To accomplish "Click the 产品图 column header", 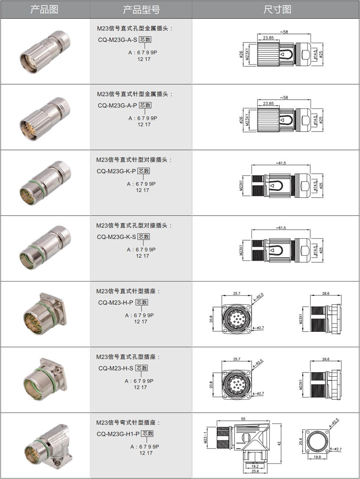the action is tap(44, 10).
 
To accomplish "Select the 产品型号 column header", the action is tap(141, 10).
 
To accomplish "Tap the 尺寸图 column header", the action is tap(277, 10).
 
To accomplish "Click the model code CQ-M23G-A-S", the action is tap(118, 40).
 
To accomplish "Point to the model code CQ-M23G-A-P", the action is tap(118, 106).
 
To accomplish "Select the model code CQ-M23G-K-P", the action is tap(116, 171).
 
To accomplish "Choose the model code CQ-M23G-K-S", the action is tap(116, 237).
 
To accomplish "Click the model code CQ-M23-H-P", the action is tap(116, 302).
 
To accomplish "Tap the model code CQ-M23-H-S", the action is tap(116, 368).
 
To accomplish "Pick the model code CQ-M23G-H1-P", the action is tap(118, 434).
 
